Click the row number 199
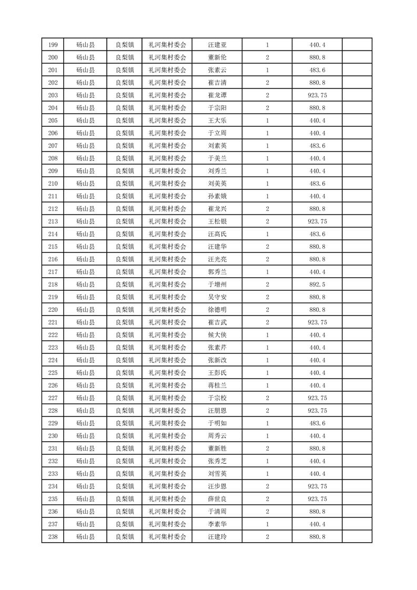tap(53, 45)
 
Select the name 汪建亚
tap(217, 45)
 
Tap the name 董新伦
tap(217, 57)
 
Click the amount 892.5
tap(317, 284)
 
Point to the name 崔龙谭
tap(217, 95)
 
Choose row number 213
tap(53, 221)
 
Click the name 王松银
tap(217, 221)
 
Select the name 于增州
tap(217, 284)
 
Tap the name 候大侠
tap(217, 335)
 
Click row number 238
tap(53, 537)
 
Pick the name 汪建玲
tap(217, 537)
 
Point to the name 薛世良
tap(217, 499)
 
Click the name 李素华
tap(217, 524)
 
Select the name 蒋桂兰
tap(217, 385)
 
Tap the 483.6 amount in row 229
tap(317, 423)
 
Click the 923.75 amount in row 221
tap(317, 322)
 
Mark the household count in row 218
tap(268, 284)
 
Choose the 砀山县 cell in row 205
tap(85, 120)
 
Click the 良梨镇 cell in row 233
tap(125, 474)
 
